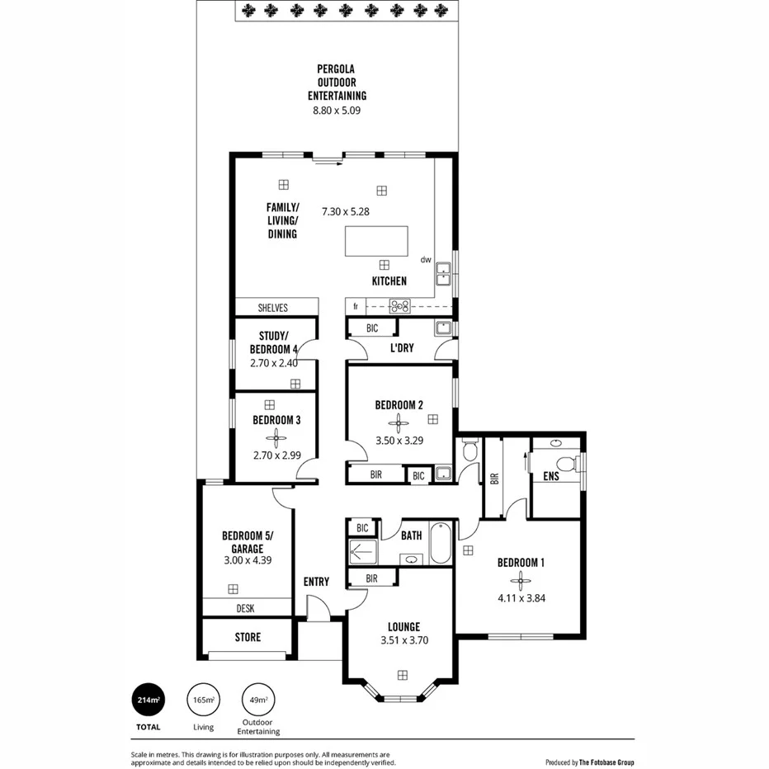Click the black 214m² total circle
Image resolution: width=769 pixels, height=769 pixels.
point(149,701)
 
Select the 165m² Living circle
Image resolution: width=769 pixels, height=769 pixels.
point(203,701)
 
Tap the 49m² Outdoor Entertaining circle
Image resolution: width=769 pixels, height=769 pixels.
point(258,701)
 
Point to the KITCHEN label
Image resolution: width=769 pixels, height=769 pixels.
point(389,281)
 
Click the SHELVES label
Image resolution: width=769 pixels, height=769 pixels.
point(273,308)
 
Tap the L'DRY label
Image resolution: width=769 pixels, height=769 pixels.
point(402,348)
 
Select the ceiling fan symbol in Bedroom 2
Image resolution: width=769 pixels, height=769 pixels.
point(399,425)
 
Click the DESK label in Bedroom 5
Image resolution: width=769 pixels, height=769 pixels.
point(245,609)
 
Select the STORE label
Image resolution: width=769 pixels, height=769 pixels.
point(248,637)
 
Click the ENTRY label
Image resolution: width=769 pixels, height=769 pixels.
point(316,582)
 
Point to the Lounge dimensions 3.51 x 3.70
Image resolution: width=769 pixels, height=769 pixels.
point(404,640)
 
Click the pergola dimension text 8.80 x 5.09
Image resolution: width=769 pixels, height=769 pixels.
point(337,110)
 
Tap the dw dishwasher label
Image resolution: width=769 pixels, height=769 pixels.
point(426,259)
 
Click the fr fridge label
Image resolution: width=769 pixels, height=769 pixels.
point(356,306)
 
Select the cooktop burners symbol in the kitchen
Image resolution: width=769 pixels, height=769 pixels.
point(400,306)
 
